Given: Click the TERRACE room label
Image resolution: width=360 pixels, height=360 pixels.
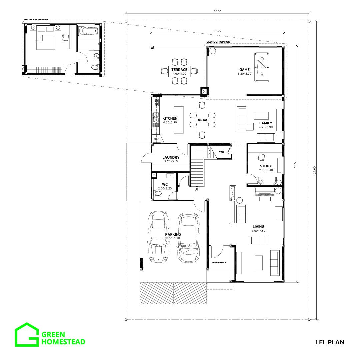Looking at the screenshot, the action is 179,70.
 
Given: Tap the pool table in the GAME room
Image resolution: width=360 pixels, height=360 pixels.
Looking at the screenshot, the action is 262,67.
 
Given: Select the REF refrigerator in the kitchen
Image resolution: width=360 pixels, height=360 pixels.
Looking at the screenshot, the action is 156,139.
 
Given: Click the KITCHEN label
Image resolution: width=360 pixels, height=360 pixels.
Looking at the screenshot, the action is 170,118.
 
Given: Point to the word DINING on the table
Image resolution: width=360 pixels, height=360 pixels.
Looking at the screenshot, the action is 203,120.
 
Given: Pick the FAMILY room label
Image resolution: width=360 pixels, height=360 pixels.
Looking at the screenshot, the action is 266,123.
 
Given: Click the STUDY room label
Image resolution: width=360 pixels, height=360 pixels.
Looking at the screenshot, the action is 266,166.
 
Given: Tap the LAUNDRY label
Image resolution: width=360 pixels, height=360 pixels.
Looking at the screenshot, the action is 171,157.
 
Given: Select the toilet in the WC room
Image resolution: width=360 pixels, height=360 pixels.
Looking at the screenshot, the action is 158,193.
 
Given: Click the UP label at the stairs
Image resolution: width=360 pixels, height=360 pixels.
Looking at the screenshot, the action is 197,189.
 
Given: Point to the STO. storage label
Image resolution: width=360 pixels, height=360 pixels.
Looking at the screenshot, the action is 222,152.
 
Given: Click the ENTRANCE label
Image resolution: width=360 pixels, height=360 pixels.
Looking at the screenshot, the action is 219,262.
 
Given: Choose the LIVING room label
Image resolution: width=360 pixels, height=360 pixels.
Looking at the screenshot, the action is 258,227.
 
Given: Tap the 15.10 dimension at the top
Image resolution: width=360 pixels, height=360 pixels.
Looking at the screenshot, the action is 217,11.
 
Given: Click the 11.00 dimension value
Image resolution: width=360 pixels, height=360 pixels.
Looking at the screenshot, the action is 218,31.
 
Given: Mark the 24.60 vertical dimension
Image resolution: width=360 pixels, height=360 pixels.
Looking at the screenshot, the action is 315,170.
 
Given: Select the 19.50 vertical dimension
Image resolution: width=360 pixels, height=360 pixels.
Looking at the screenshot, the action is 295,164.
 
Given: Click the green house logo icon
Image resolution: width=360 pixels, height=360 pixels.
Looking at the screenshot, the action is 27,334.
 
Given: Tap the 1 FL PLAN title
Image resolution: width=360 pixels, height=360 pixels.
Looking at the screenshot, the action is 330,342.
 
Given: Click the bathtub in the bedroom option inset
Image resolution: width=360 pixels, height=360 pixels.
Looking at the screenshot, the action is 88,31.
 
